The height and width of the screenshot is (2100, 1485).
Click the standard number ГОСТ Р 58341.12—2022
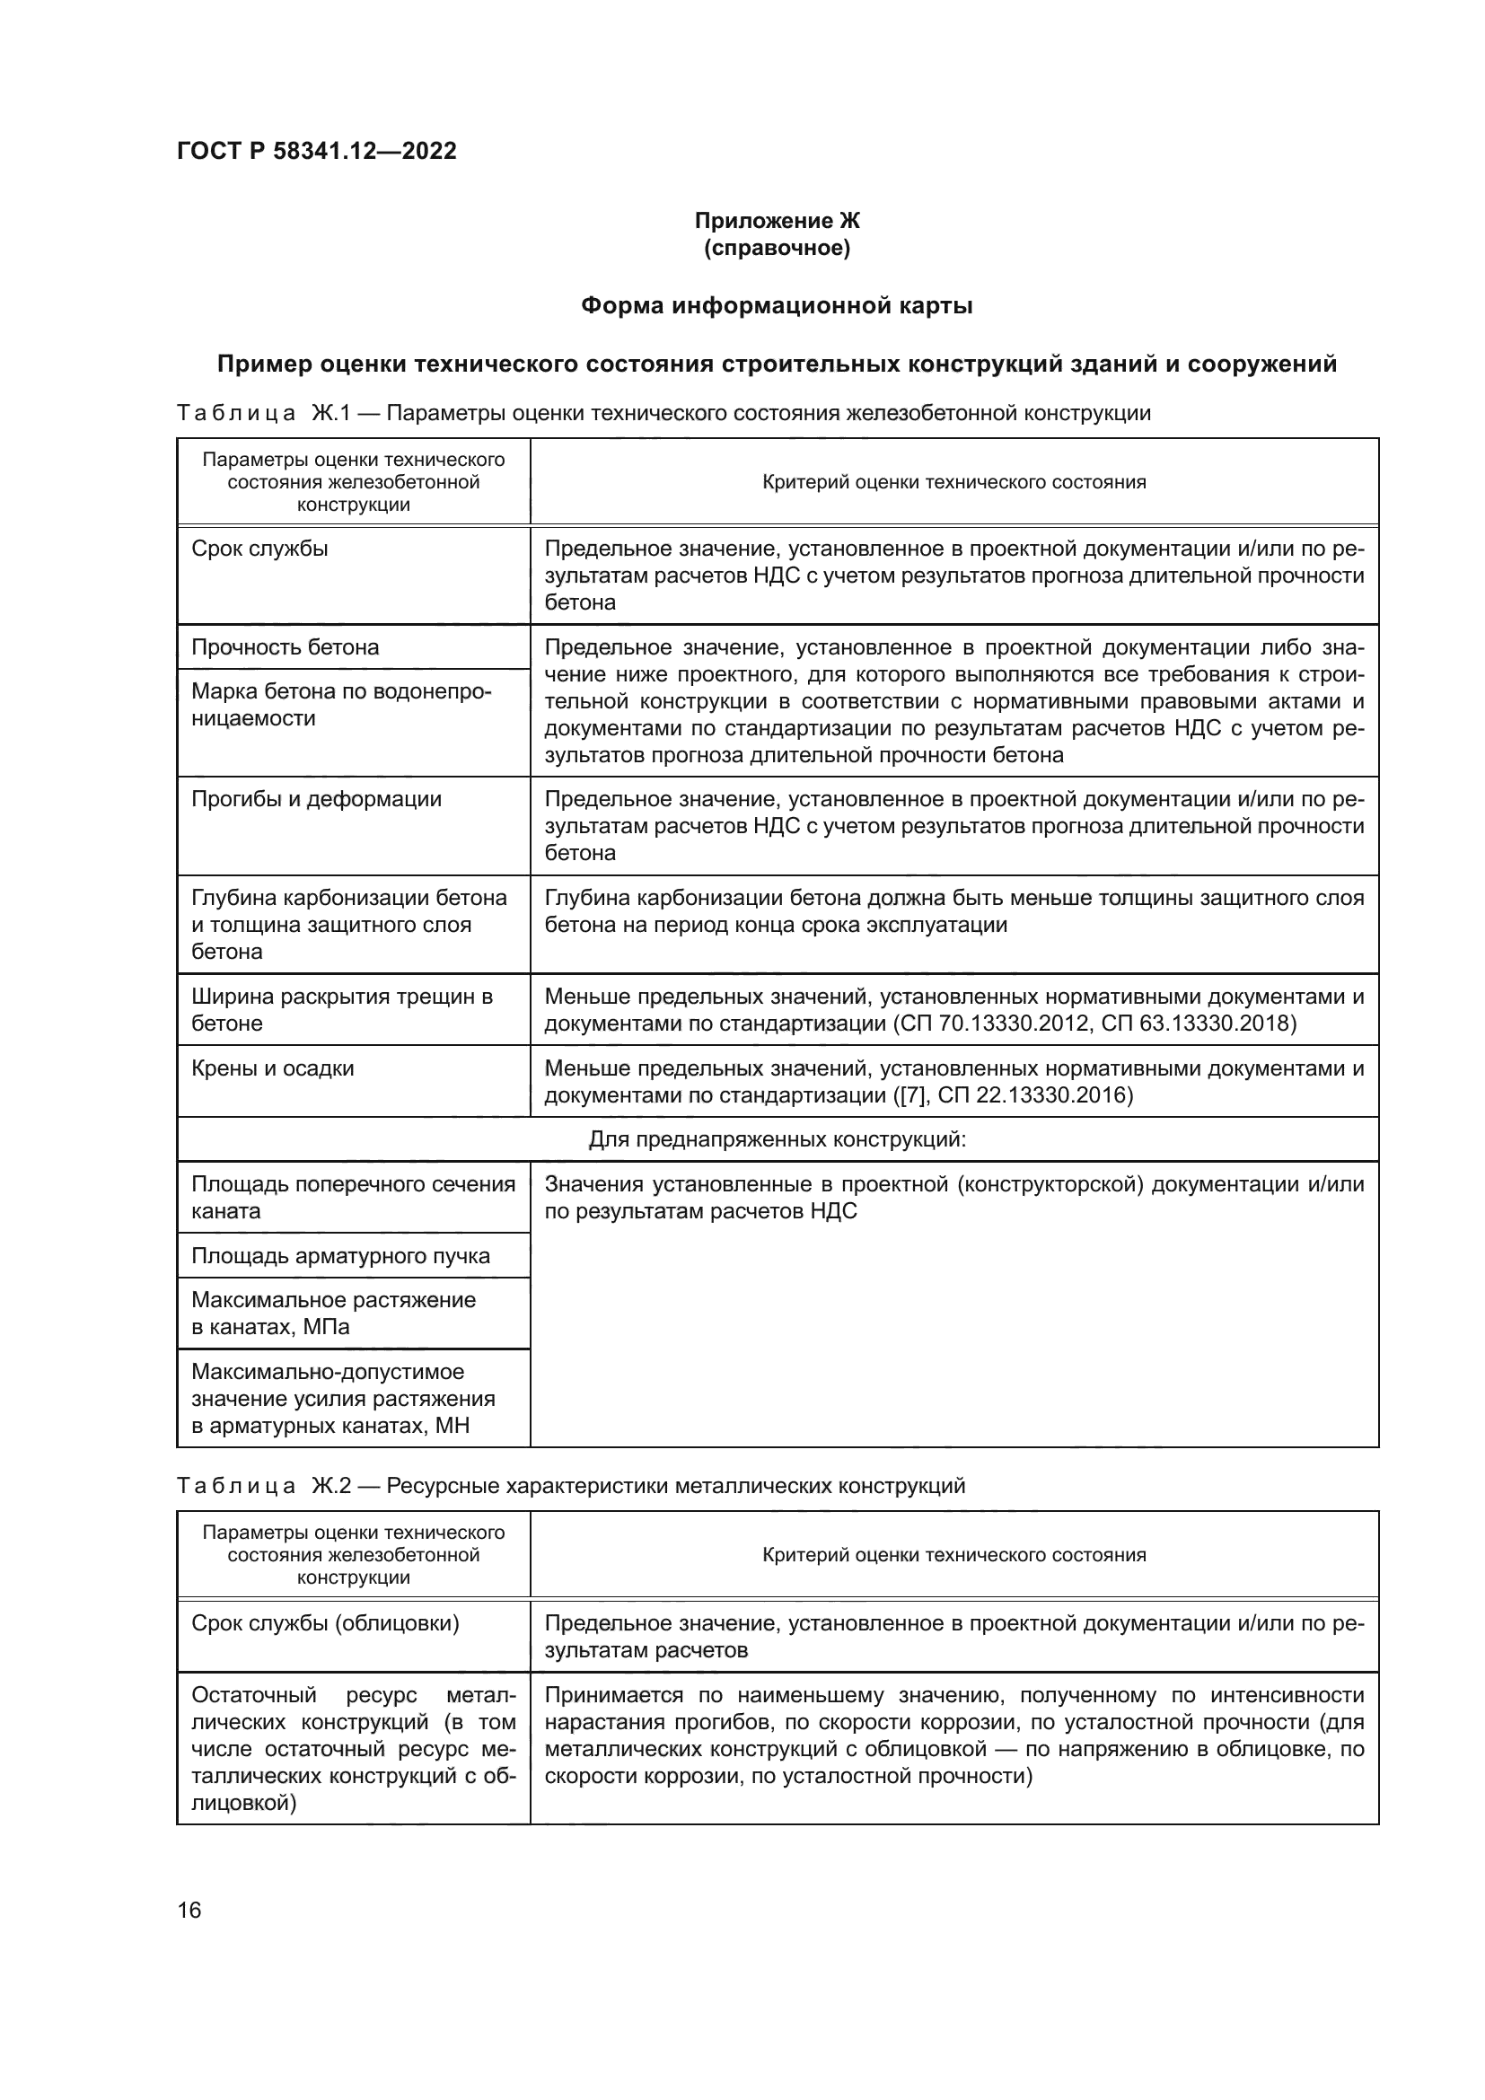point(316,151)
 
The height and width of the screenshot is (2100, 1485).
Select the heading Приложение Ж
point(777,222)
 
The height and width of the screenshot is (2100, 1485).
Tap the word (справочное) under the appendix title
point(777,249)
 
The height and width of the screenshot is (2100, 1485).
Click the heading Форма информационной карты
point(777,306)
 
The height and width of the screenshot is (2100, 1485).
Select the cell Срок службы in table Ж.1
point(259,549)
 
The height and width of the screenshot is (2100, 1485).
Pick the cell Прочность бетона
point(286,647)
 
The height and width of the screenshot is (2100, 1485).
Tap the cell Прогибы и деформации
point(316,799)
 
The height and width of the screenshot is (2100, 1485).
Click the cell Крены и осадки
point(273,1068)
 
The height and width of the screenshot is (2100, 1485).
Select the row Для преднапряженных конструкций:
point(777,1139)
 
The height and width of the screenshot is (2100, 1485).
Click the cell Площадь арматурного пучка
point(340,1256)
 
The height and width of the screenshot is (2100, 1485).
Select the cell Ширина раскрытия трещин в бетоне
point(341,1010)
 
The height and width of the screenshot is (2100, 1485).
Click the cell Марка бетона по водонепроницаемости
point(341,705)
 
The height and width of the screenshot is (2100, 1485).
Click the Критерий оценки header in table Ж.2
point(953,1555)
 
